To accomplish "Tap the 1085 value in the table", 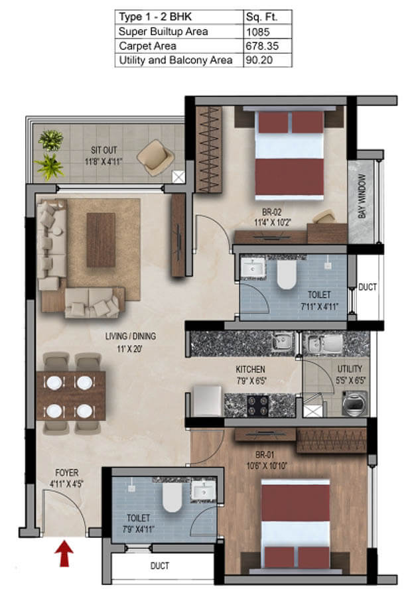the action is pos(258,32).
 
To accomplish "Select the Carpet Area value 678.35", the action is pos(262,46).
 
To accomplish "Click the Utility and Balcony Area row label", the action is pos(176,60).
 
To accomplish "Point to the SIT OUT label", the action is pos(103,150).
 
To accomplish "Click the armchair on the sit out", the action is pos(155,157).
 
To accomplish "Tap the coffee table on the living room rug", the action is pos(101,240).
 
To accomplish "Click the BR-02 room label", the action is pos(271,212).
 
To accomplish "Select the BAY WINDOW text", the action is pos(362,196).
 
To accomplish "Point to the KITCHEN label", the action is pos(250,369).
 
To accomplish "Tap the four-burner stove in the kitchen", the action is pos(258,406).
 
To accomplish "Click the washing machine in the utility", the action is pos(354,403).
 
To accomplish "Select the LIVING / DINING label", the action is pos(130,336).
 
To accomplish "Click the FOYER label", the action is pos(66,472).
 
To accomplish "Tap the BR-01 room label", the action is pos(265,454).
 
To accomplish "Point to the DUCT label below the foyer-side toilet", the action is pos(160,566).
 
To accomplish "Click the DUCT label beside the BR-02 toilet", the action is pos(367,287).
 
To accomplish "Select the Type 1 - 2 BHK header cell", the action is pos(155,17).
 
